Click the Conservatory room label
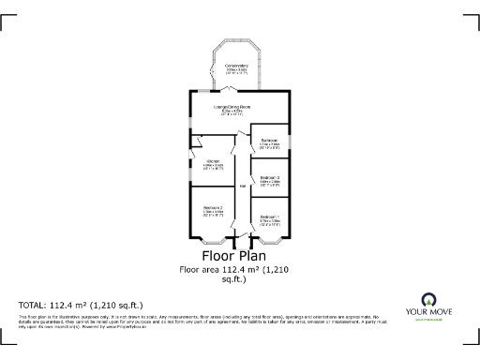236,65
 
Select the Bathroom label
269,140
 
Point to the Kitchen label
213,161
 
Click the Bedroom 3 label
269,176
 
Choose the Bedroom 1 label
269,217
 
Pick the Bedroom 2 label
213,207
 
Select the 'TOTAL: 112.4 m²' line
81,306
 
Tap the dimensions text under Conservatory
236,70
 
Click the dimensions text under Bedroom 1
269,222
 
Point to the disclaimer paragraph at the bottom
187,322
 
